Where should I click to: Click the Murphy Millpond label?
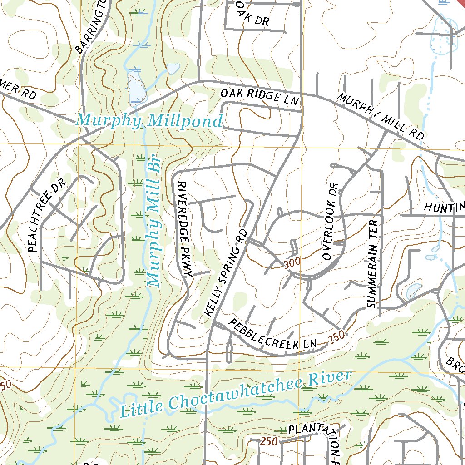[x=149, y=121]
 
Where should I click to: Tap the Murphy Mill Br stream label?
[x=154, y=223]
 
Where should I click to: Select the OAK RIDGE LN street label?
[x=260, y=98]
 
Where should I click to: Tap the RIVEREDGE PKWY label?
[x=185, y=229]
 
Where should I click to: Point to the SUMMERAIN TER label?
[x=373, y=262]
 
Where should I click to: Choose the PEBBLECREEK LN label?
[x=272, y=335]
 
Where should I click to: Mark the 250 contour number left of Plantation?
[x=269, y=441]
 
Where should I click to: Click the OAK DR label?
[x=252, y=16]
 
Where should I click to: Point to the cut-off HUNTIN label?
[x=444, y=207]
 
